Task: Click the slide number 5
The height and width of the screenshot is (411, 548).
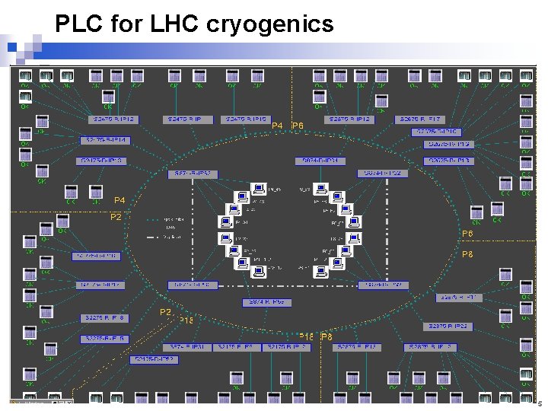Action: point(540,404)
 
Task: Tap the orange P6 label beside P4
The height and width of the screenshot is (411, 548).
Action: point(298,126)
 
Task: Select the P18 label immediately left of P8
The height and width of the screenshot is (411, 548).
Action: point(307,336)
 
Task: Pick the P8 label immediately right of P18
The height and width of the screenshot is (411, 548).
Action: point(327,336)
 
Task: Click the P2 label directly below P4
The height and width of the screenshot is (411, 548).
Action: point(116,217)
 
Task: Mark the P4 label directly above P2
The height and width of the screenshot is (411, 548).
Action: point(119,200)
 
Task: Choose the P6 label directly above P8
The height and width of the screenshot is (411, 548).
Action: point(467,234)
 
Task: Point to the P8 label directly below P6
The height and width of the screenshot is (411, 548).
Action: point(467,255)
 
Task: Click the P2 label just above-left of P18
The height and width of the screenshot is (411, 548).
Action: point(165,312)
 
